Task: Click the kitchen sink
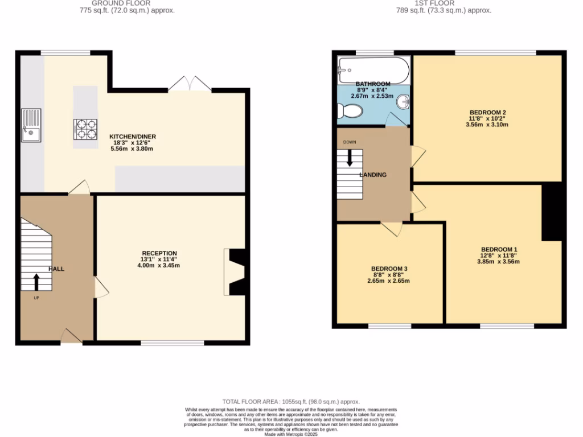tap(31, 125)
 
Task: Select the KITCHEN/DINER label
tap(133, 137)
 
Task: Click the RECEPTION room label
tap(159, 253)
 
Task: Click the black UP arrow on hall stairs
tap(37, 281)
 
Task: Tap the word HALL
tap(56, 269)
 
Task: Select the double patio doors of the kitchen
tap(190, 84)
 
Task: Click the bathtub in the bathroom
tap(373, 69)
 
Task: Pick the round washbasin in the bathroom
tap(403, 102)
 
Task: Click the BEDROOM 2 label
tap(488, 112)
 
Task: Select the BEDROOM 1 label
tap(499, 249)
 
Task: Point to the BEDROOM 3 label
tap(389, 269)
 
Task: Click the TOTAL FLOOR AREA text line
tap(291, 402)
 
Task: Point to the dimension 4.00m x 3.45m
tap(159, 265)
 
